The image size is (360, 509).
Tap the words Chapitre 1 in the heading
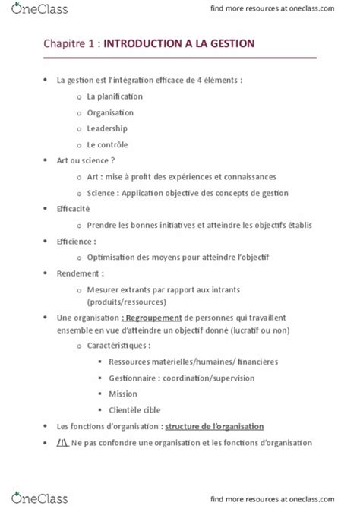(69, 46)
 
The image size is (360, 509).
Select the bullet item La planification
(115, 96)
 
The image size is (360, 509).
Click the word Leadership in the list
(107, 128)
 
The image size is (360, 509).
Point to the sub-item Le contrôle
(107, 144)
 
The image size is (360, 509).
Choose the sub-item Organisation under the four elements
(110, 112)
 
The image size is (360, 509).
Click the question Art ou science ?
(86, 160)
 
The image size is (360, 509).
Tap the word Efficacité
(73, 209)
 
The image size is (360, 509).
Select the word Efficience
(75, 241)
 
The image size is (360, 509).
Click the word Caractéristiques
(118, 346)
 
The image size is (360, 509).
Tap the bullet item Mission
(123, 394)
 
